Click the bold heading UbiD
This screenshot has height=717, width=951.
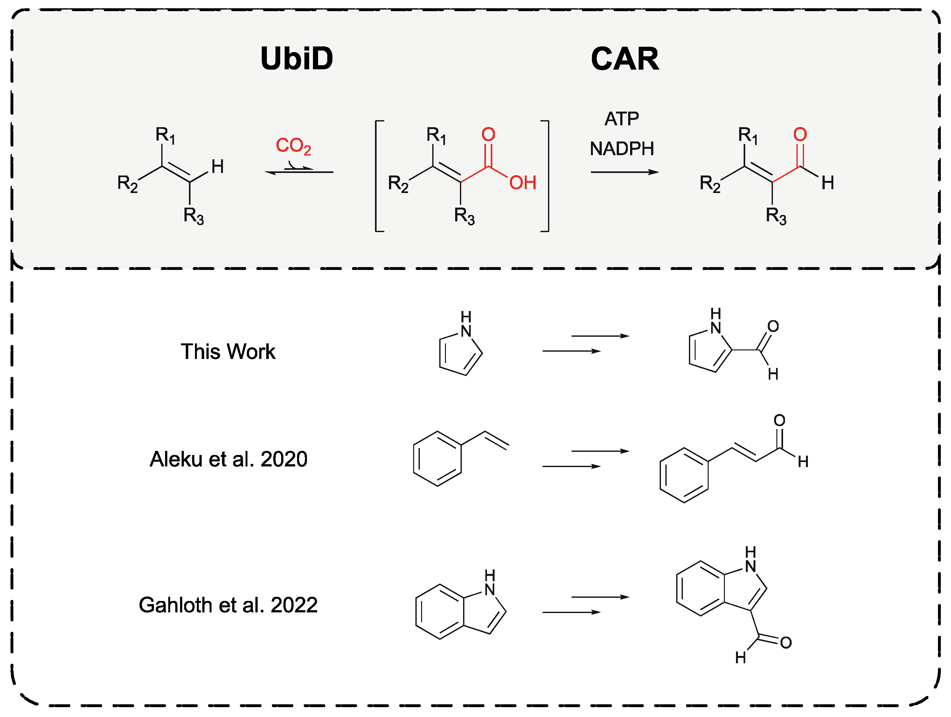297,59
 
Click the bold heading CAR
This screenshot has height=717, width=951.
625,59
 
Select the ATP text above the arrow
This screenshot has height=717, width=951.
622,119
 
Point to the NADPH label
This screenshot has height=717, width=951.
622,149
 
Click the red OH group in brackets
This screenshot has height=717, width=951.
522,183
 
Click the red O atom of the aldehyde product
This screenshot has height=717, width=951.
800,134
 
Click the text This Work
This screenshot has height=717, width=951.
228,352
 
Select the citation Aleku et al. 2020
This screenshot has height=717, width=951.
228,459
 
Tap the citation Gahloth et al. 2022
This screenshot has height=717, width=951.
228,605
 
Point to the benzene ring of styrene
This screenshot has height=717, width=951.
437,458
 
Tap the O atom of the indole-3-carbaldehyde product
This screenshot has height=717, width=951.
786,643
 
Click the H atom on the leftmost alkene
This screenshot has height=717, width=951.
218,167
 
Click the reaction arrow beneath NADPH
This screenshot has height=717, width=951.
624,172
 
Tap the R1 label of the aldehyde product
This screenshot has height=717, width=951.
748,135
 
